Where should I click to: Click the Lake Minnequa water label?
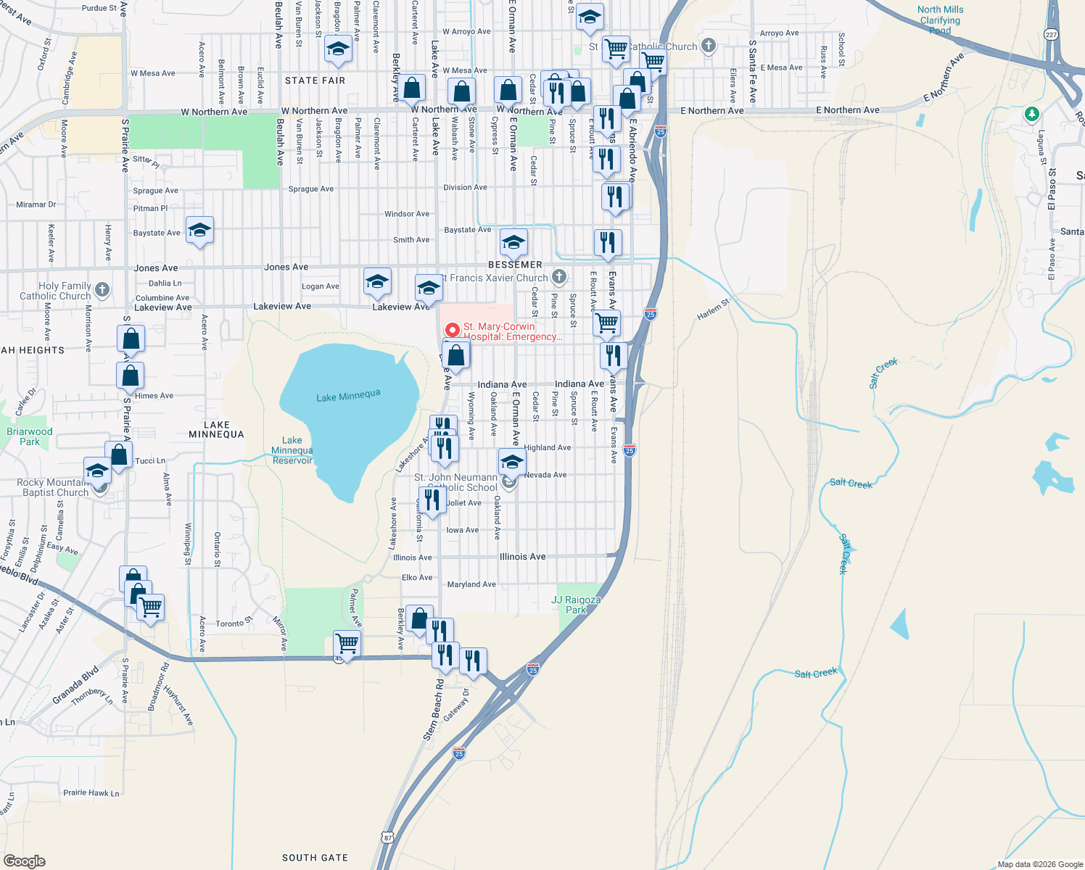[348, 396]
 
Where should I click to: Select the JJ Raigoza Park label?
[576, 605]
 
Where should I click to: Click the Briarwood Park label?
[30, 436]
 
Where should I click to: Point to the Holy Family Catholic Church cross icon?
[102, 290]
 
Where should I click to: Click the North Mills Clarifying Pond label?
[940, 20]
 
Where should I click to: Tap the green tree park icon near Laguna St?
[1031, 115]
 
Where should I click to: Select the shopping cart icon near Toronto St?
[347, 643]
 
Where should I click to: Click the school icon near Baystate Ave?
[199, 231]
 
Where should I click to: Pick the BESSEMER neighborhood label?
[515, 265]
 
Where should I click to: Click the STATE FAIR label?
[315, 80]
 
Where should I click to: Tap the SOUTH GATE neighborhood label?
[315, 858]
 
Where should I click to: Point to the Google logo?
[24, 861]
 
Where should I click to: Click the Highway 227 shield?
[1051, 34]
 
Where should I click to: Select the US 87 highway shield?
[388, 837]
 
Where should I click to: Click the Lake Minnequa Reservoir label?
[292, 450]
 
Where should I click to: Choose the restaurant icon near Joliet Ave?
[432, 500]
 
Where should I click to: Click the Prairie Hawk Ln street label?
[91, 792]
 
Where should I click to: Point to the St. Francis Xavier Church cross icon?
[558, 276]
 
